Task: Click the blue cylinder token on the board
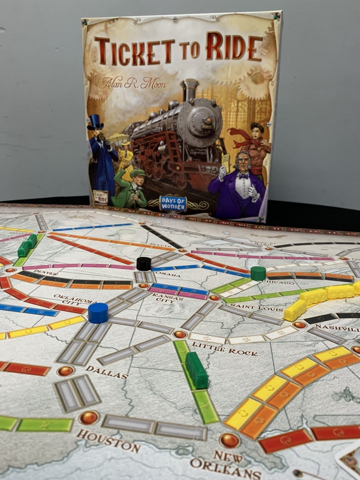(98, 313)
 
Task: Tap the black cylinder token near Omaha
(144, 264)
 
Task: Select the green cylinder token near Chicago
(258, 273)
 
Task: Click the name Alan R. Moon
(132, 84)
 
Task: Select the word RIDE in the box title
(234, 48)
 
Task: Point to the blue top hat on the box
(95, 121)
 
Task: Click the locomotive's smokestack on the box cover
(189, 90)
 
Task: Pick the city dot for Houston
(88, 418)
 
